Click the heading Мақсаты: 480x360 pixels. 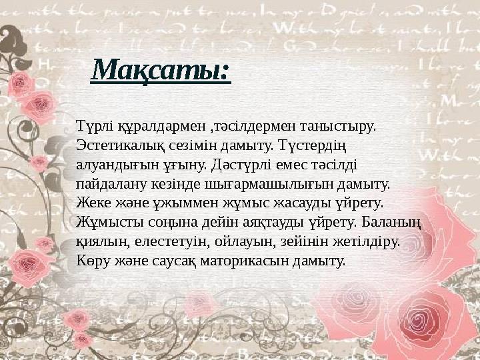pos(161,70)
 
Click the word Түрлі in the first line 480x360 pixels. pos(93,126)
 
